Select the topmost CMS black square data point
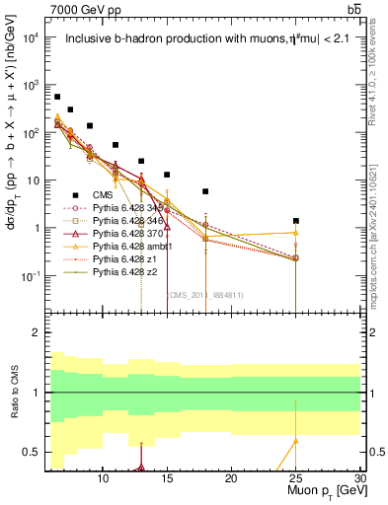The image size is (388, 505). click(57, 97)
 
